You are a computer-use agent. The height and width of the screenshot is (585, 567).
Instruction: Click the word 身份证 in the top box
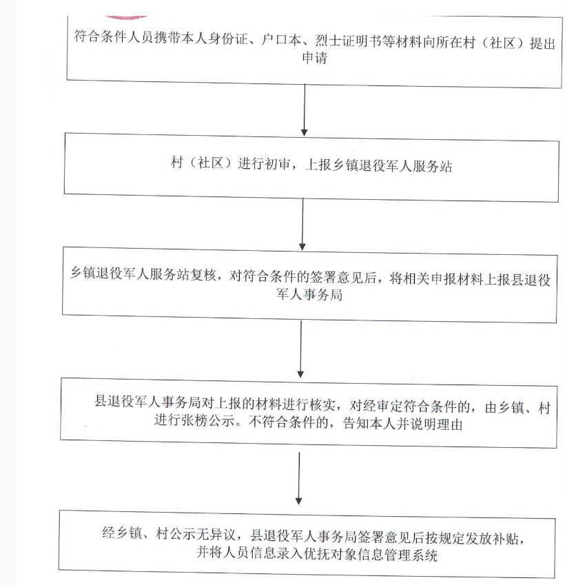click(227, 39)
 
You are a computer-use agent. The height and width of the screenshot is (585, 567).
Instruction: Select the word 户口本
click(281, 39)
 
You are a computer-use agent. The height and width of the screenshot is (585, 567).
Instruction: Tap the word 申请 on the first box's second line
click(314, 58)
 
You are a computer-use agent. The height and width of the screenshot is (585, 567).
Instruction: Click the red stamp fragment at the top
click(126, 17)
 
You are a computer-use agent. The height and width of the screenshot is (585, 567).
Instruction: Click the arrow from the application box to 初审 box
click(305, 110)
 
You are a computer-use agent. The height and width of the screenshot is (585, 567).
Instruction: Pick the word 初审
click(277, 163)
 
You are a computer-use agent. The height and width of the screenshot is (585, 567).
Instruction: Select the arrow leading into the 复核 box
click(302, 224)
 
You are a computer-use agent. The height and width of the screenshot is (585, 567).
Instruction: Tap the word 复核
click(203, 274)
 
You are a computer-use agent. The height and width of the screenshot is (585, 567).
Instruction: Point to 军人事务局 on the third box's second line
click(309, 295)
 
